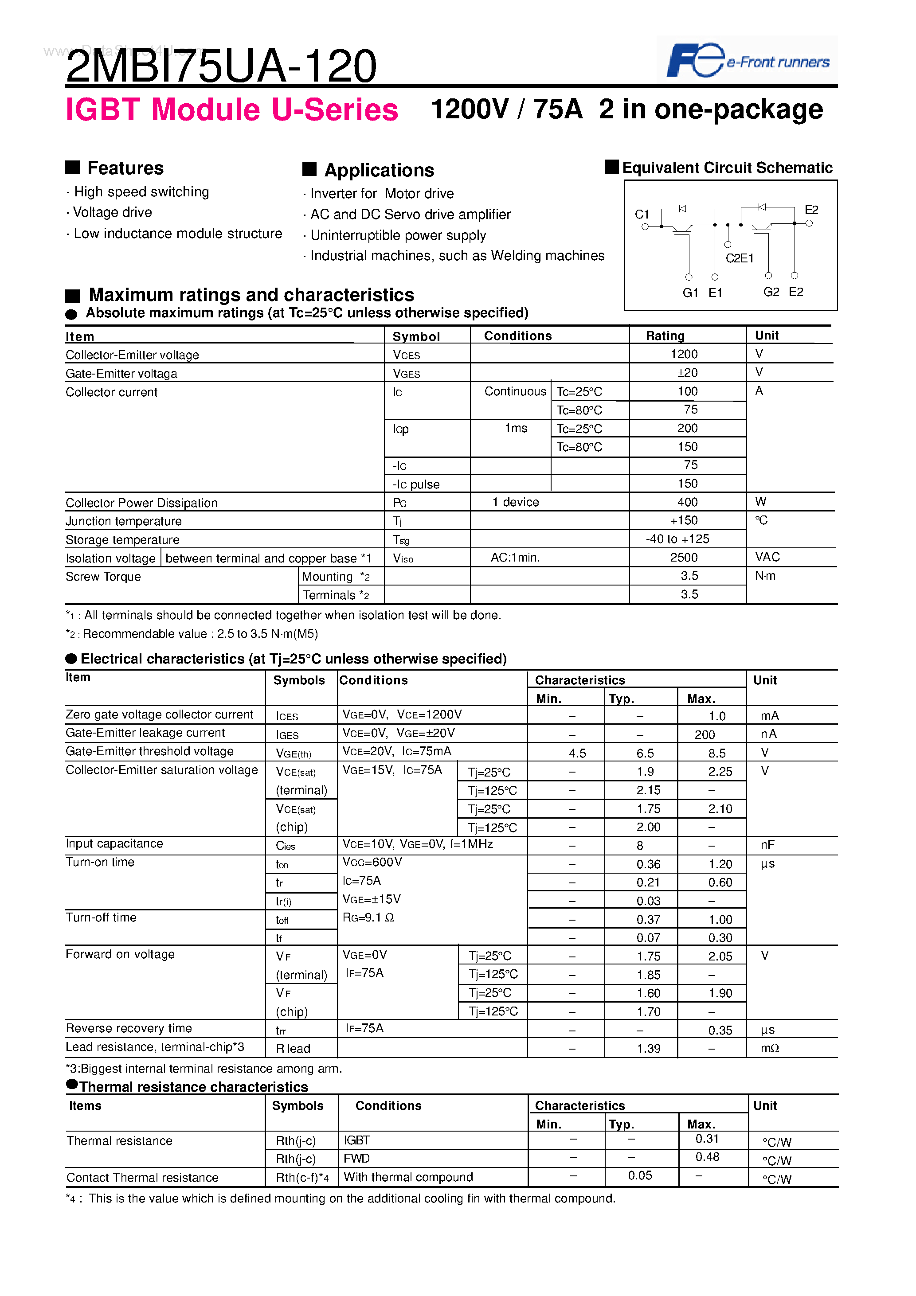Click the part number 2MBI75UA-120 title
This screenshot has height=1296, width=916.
[221, 66]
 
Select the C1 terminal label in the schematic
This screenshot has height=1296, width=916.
[642, 215]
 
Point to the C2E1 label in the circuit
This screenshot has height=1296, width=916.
[739, 258]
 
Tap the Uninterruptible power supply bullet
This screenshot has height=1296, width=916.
[398, 235]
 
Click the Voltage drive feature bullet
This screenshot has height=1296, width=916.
[112, 212]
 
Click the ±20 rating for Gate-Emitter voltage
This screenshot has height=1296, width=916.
[687, 373]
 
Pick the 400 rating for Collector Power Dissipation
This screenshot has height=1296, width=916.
[687, 502]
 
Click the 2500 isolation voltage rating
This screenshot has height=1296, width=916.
[684, 558]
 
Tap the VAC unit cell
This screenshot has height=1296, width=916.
[767, 557]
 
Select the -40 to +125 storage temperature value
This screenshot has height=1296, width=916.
[677, 539]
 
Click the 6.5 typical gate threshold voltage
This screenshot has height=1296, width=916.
[645, 753]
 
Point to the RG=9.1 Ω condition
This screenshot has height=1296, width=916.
[368, 918]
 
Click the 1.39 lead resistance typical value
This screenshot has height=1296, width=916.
[648, 1049]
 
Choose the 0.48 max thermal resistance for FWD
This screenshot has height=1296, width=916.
[707, 1157]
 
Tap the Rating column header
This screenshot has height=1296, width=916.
[665, 336]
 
